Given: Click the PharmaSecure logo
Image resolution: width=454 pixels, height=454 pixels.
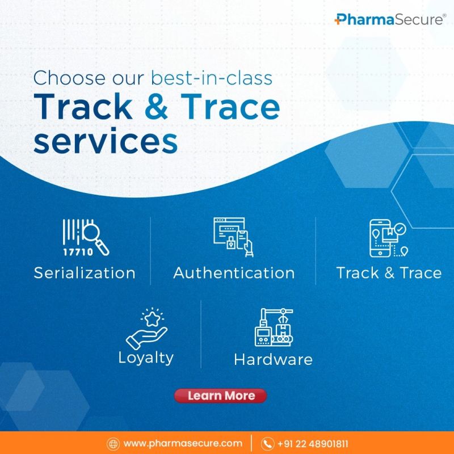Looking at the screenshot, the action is pos(390,19).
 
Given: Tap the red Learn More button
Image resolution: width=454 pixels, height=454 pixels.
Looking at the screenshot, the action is pos(220,396).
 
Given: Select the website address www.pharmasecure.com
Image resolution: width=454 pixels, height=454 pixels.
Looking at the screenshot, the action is pos(183,443).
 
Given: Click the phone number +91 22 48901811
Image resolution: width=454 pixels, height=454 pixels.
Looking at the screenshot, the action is pos(313,444).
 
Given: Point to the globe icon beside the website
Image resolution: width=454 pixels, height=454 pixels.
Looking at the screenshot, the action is pos(113,444).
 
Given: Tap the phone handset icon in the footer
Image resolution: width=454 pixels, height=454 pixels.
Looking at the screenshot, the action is pos(267,444).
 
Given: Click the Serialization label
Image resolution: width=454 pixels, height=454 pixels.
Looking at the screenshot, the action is pos(85,273).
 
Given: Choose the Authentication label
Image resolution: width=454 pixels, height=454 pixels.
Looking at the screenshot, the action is pos(234,273).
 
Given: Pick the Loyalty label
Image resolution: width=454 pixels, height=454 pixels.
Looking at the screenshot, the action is pos(146,358).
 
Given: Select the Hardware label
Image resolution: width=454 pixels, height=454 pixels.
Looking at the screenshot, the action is pos(274,359).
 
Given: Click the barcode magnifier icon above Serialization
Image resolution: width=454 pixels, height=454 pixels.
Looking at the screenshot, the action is pos(86,237).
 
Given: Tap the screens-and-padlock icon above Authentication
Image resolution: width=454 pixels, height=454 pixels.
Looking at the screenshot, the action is pos(233,237).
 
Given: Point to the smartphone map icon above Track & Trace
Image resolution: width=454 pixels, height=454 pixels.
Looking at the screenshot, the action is pos(388,238).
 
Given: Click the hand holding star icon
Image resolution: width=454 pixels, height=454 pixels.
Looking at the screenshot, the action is pos(147,329).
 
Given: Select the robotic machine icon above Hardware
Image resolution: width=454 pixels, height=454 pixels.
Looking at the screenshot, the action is pos(274,327).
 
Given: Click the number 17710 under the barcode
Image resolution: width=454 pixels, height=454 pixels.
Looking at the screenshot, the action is pos(78,252).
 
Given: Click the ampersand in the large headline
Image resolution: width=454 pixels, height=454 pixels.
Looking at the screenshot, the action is pos(157,107).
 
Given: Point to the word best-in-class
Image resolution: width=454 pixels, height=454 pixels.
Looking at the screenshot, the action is pos(212,78).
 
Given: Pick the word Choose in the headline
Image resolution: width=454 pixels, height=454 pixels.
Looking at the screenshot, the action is pos(69,78).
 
